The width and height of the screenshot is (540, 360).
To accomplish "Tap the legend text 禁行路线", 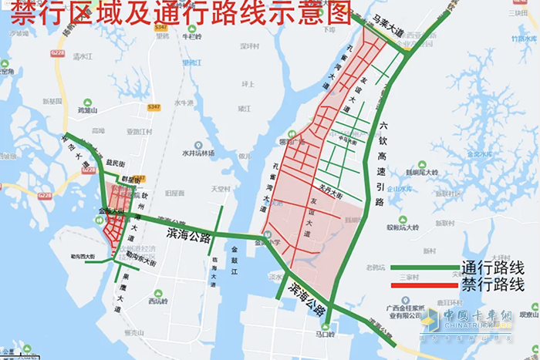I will click(493, 285).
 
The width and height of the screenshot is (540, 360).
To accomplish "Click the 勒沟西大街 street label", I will click(80, 257).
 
